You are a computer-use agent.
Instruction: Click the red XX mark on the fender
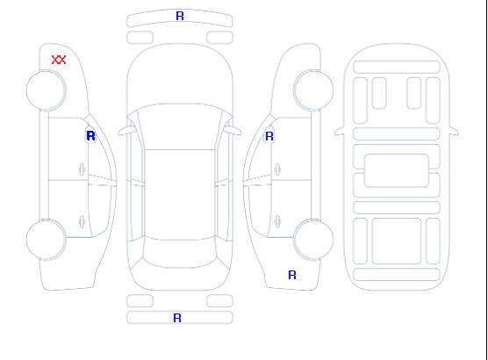59,60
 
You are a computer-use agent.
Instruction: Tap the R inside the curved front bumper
180,16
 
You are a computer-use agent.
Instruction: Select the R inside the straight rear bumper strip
177,318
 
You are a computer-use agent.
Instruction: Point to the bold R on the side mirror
90,136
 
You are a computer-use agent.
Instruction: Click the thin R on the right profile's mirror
269,136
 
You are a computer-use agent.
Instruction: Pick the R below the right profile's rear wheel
292,275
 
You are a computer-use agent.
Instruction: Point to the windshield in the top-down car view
180,126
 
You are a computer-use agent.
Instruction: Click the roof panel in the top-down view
180,195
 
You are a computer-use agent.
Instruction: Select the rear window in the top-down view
180,253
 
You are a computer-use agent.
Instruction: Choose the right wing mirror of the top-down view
235,131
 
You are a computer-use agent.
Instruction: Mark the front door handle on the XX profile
82,169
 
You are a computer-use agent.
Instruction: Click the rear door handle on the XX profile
82,221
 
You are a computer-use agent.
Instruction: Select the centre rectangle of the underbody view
397,170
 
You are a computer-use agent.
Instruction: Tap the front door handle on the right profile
277,169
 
